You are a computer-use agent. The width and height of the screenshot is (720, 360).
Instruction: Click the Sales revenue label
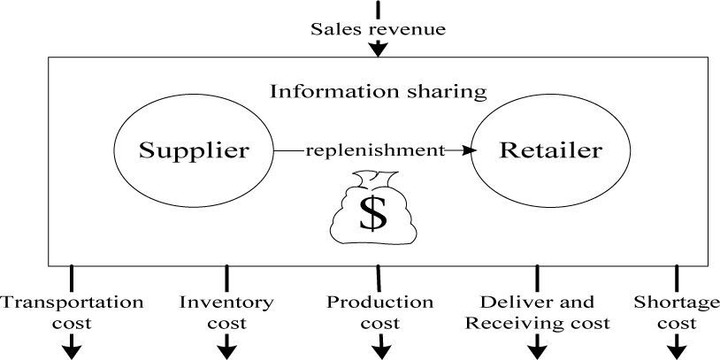click(x=378, y=29)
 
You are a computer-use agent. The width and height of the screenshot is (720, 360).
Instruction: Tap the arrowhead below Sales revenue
click(x=378, y=49)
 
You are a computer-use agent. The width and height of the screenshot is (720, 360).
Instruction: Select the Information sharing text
click(x=378, y=91)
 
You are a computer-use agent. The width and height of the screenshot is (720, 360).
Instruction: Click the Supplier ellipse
click(x=193, y=150)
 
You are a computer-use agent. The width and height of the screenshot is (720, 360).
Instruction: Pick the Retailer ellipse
click(x=550, y=150)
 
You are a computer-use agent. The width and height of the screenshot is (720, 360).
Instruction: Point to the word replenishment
click(x=374, y=150)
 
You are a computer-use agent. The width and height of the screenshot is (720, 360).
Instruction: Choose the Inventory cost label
click(x=226, y=311)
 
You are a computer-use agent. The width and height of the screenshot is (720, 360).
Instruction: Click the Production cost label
click(x=380, y=311)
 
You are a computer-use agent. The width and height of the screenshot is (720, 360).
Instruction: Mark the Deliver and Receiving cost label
click(x=537, y=311)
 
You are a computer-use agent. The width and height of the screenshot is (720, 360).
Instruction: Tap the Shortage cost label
click(x=677, y=311)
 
